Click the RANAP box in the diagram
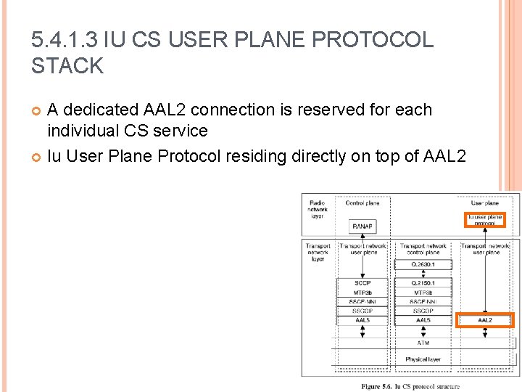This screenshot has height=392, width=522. pos(362,227)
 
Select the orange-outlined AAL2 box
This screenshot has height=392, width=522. pos(484,319)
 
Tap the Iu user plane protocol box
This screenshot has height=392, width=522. pos(484,219)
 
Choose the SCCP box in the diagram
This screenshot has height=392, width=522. pos(362,282)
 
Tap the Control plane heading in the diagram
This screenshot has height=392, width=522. pos(362,203)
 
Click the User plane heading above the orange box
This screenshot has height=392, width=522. pos(484,203)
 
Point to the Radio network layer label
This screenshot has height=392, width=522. pos(318,209)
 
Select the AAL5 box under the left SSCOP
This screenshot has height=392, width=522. pos(362,319)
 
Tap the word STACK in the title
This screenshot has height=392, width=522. pos(67,67)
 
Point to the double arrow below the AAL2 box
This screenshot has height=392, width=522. pos(484,332)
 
